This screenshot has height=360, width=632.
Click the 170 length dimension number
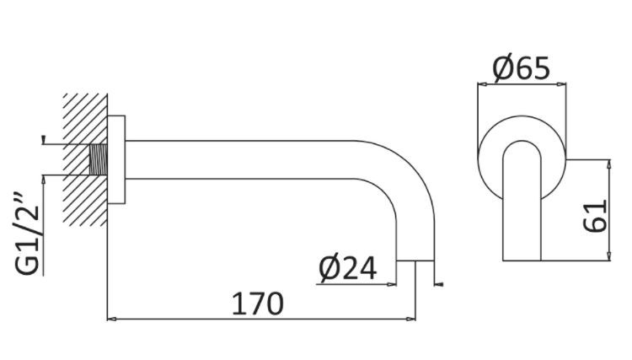coord(259,303)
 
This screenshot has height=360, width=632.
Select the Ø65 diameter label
coord(522,68)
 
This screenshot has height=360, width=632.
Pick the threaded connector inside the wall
coord(99,159)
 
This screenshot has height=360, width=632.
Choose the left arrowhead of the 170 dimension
coord(112,320)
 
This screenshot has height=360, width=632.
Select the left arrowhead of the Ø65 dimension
coord(482,83)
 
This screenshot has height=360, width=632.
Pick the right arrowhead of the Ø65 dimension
coord(561,83)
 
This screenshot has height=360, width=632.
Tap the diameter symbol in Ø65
coord(503,68)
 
